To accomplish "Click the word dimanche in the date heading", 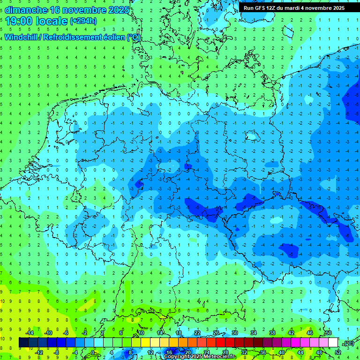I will click(26, 10).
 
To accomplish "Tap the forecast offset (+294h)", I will click(83, 21).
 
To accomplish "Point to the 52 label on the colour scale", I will click(338, 352).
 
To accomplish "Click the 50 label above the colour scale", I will click(328, 333).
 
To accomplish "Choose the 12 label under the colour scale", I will click(150, 352).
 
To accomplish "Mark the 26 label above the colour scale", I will click(216, 333).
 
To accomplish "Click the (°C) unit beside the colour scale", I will click(348, 343).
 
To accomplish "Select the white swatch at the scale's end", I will click(333, 343).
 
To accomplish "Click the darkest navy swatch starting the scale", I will click(23, 343).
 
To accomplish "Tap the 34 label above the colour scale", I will click(254, 333).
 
